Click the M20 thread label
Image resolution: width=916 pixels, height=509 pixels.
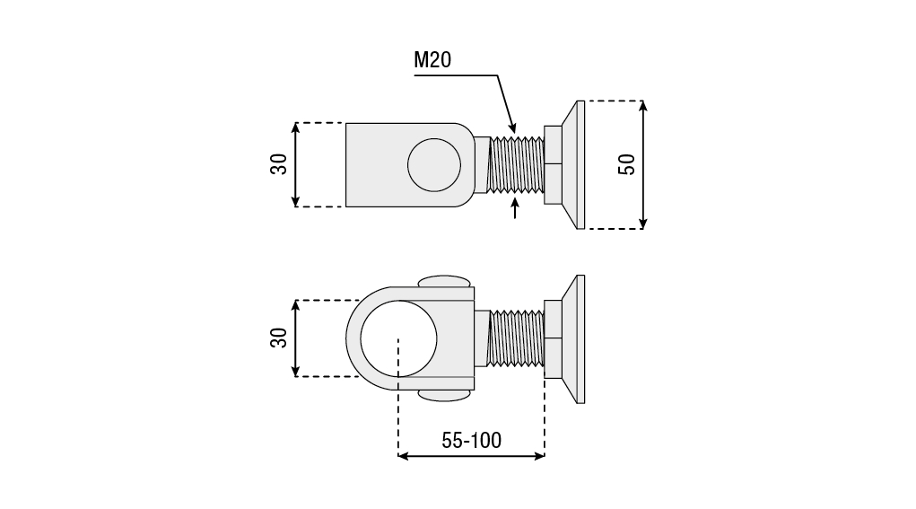pyautogui.click(x=432, y=61)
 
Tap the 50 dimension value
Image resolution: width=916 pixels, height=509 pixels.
pyautogui.click(x=627, y=164)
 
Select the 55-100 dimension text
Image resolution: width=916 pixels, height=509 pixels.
pyautogui.click(x=471, y=440)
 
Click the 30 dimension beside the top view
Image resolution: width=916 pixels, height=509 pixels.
pyautogui.click(x=279, y=164)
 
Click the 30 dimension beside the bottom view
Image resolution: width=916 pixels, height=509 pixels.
pyautogui.click(x=279, y=338)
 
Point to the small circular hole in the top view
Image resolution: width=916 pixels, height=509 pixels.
pyautogui.click(x=433, y=164)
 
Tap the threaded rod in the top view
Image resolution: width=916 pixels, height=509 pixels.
pyautogui.click(x=517, y=164)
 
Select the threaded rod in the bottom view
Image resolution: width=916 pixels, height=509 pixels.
pyautogui.click(x=517, y=338)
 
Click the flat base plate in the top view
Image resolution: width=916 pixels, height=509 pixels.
pyautogui.click(x=580, y=164)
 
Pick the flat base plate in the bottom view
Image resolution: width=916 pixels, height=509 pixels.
pyautogui.click(x=580, y=338)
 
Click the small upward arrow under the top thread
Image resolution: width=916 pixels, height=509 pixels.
pyautogui.click(x=515, y=208)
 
